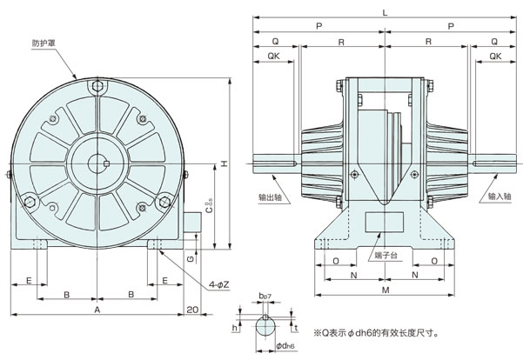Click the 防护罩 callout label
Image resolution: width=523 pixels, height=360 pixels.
pyautogui.click(x=44, y=43)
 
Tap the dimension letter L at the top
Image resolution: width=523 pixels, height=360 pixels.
pyautogui.click(x=386, y=13)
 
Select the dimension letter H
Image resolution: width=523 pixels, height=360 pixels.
pyautogui.click(x=225, y=163)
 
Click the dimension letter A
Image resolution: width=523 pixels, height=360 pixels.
pyautogui.click(x=97, y=310)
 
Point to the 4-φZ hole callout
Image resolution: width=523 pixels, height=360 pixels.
pyautogui.click(x=218, y=284)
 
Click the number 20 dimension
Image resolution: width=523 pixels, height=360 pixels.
pyautogui.click(x=192, y=310)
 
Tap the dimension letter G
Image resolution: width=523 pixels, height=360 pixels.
pyautogui.click(x=191, y=258)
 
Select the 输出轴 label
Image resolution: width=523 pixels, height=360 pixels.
pyautogui.click(x=271, y=197)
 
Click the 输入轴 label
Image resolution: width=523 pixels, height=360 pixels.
pyautogui.click(x=500, y=196)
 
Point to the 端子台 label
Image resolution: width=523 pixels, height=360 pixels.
pyautogui.click(x=386, y=256)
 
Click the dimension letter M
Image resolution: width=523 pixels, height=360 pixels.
pyautogui.click(x=386, y=290)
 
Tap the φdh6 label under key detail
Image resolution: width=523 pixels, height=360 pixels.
pyautogui.click(x=285, y=346)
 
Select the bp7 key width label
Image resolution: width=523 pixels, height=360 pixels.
pyautogui.click(x=265, y=296)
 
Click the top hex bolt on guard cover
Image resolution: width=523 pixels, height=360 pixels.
pyautogui.click(x=97, y=86)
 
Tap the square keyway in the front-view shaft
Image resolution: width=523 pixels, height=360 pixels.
pyautogui.click(x=106, y=163)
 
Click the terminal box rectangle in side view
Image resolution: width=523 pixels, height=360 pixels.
pyautogui.click(x=385, y=222)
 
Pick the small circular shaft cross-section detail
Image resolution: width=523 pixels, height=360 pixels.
pyautogui.click(x=265, y=327)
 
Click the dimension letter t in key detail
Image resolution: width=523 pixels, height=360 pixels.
pyautogui.click(x=296, y=329)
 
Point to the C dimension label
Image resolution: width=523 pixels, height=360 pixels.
pyautogui.click(x=209, y=207)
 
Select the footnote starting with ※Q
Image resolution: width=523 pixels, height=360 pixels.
pyautogui.click(x=376, y=333)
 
